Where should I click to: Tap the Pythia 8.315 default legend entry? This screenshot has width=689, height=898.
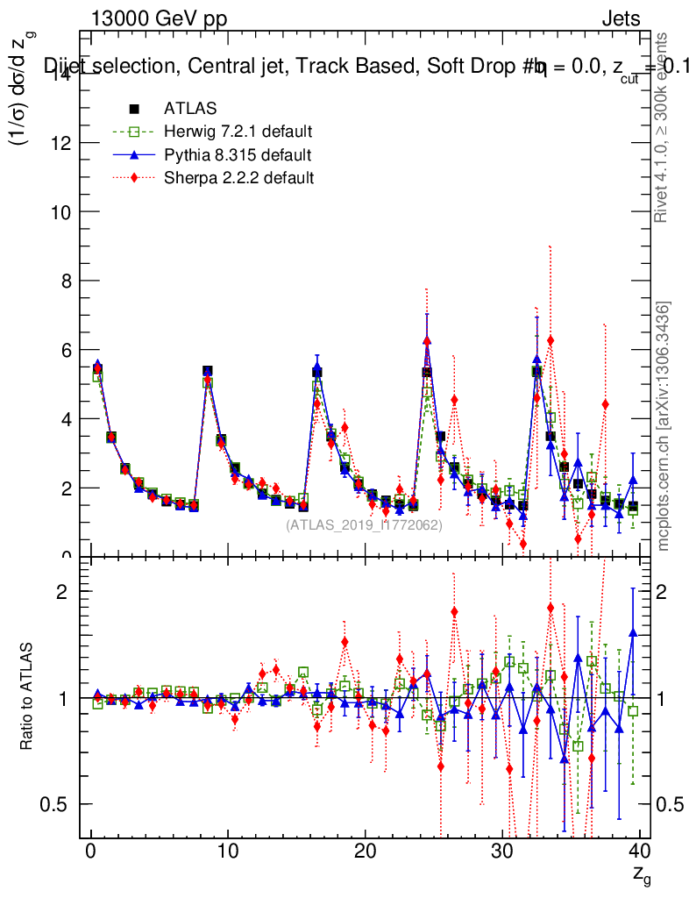tap(238, 155)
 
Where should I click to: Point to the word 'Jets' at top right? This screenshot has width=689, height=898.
tap(621, 19)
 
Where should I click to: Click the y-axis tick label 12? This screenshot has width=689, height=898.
tap(61, 143)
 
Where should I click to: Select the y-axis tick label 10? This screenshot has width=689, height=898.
tap(61, 212)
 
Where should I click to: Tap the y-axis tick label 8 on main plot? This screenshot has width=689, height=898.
tap(67, 281)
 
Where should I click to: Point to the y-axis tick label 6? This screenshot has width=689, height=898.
tap(67, 350)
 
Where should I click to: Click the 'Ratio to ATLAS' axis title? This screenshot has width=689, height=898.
tap(27, 697)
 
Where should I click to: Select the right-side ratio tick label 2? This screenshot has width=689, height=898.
tap(664, 592)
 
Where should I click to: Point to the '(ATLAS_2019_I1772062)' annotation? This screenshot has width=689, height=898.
tap(364, 524)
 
